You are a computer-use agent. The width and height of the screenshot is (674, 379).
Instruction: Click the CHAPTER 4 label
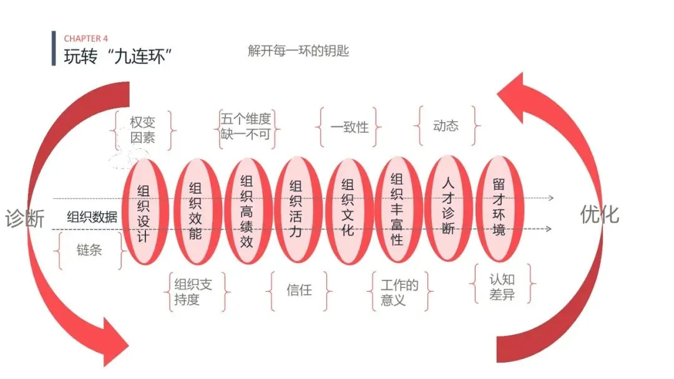[85, 39]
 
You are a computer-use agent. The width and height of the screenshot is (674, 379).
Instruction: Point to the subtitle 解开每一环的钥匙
[298, 51]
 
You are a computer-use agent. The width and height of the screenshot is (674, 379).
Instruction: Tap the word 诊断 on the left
[25, 219]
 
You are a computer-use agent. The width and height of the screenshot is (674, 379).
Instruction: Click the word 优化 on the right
[600, 214]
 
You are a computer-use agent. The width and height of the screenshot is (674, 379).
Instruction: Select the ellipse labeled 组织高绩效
[247, 211]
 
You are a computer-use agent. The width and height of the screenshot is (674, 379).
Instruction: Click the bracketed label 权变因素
[143, 130]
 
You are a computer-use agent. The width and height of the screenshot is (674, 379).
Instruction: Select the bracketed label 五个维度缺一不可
[246, 127]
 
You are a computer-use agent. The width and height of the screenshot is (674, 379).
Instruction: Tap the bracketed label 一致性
[349, 127]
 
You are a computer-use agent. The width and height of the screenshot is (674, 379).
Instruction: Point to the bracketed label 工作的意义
[399, 292]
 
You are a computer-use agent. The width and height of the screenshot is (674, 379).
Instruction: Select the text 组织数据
[92, 217]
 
